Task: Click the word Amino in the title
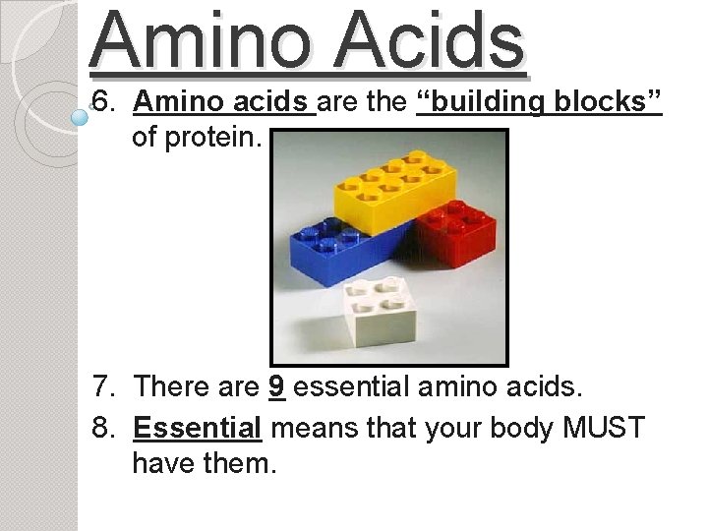[x=202, y=41]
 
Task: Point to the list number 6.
[x=102, y=102]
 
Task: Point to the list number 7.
[x=102, y=386]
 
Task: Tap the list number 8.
[x=102, y=429]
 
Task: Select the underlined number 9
[x=276, y=386]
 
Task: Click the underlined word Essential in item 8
[x=197, y=429]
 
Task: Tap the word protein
[x=210, y=137]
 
